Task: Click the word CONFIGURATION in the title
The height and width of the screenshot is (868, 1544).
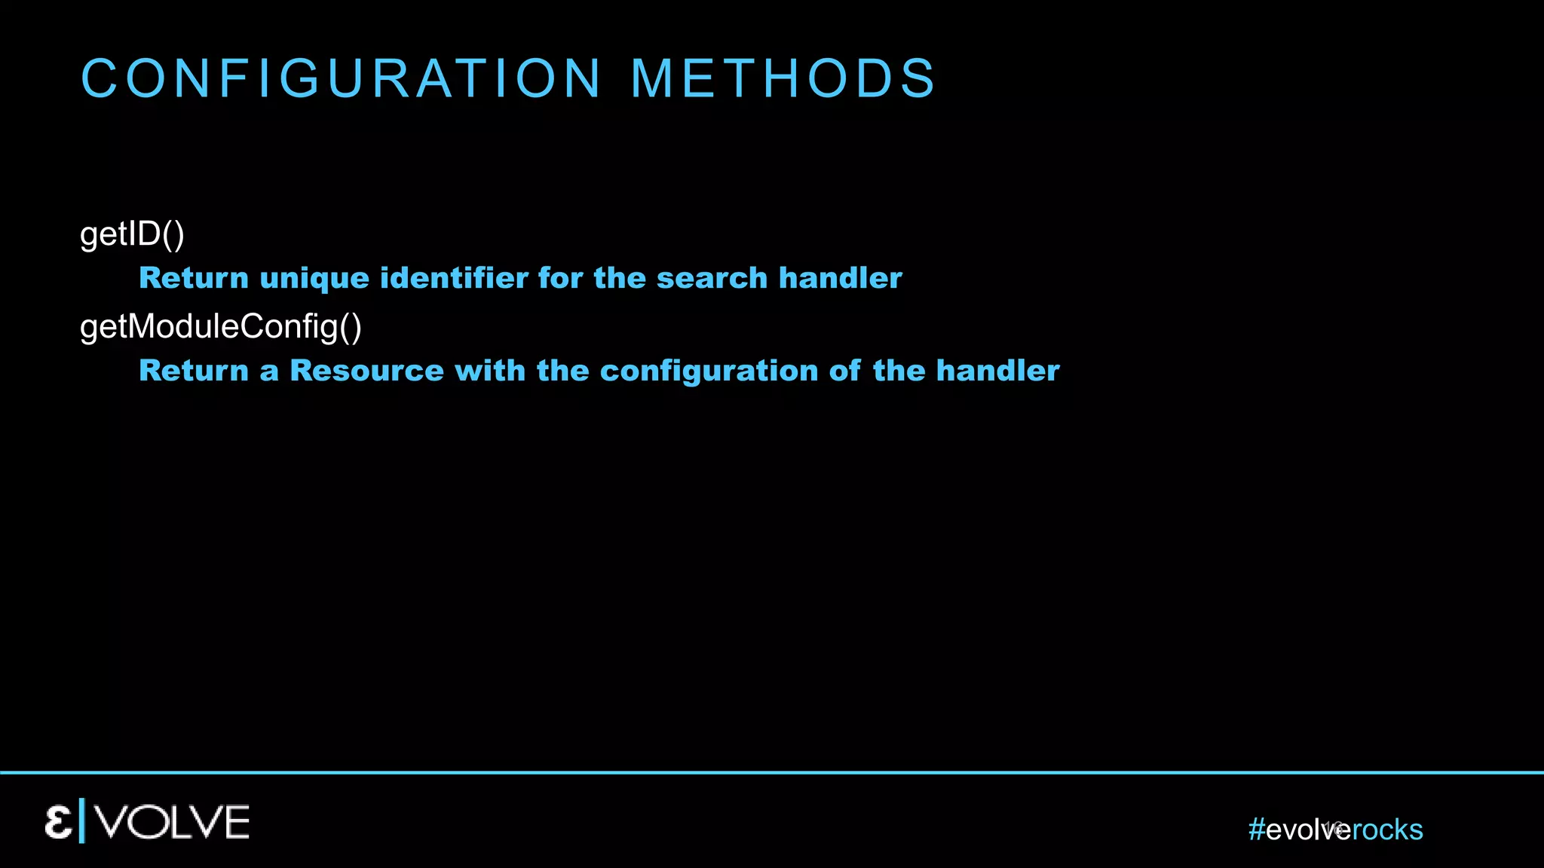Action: [x=341, y=78]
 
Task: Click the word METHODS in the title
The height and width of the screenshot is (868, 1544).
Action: [x=783, y=78]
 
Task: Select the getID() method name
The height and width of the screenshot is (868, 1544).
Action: [x=132, y=234]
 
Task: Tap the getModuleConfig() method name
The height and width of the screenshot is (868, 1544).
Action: [x=221, y=327]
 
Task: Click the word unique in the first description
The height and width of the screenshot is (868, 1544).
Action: [x=314, y=278]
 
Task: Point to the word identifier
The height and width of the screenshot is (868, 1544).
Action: [x=454, y=278]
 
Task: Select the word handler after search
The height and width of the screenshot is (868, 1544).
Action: [x=840, y=278]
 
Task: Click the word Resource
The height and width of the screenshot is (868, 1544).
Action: [x=366, y=371]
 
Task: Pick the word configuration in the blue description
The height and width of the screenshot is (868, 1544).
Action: [x=709, y=371]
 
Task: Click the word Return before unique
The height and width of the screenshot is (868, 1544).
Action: [x=194, y=278]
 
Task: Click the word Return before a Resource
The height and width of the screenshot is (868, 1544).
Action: [x=194, y=371]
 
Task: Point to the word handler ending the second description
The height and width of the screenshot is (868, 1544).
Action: [x=997, y=371]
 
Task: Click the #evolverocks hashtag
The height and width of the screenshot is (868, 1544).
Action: [x=1335, y=830]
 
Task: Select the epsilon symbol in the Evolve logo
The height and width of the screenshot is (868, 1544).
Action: [x=58, y=822]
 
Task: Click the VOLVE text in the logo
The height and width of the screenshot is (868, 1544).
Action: [x=173, y=822]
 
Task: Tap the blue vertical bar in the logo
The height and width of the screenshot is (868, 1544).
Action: [x=82, y=821]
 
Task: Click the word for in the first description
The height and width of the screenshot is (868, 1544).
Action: [x=559, y=278]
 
